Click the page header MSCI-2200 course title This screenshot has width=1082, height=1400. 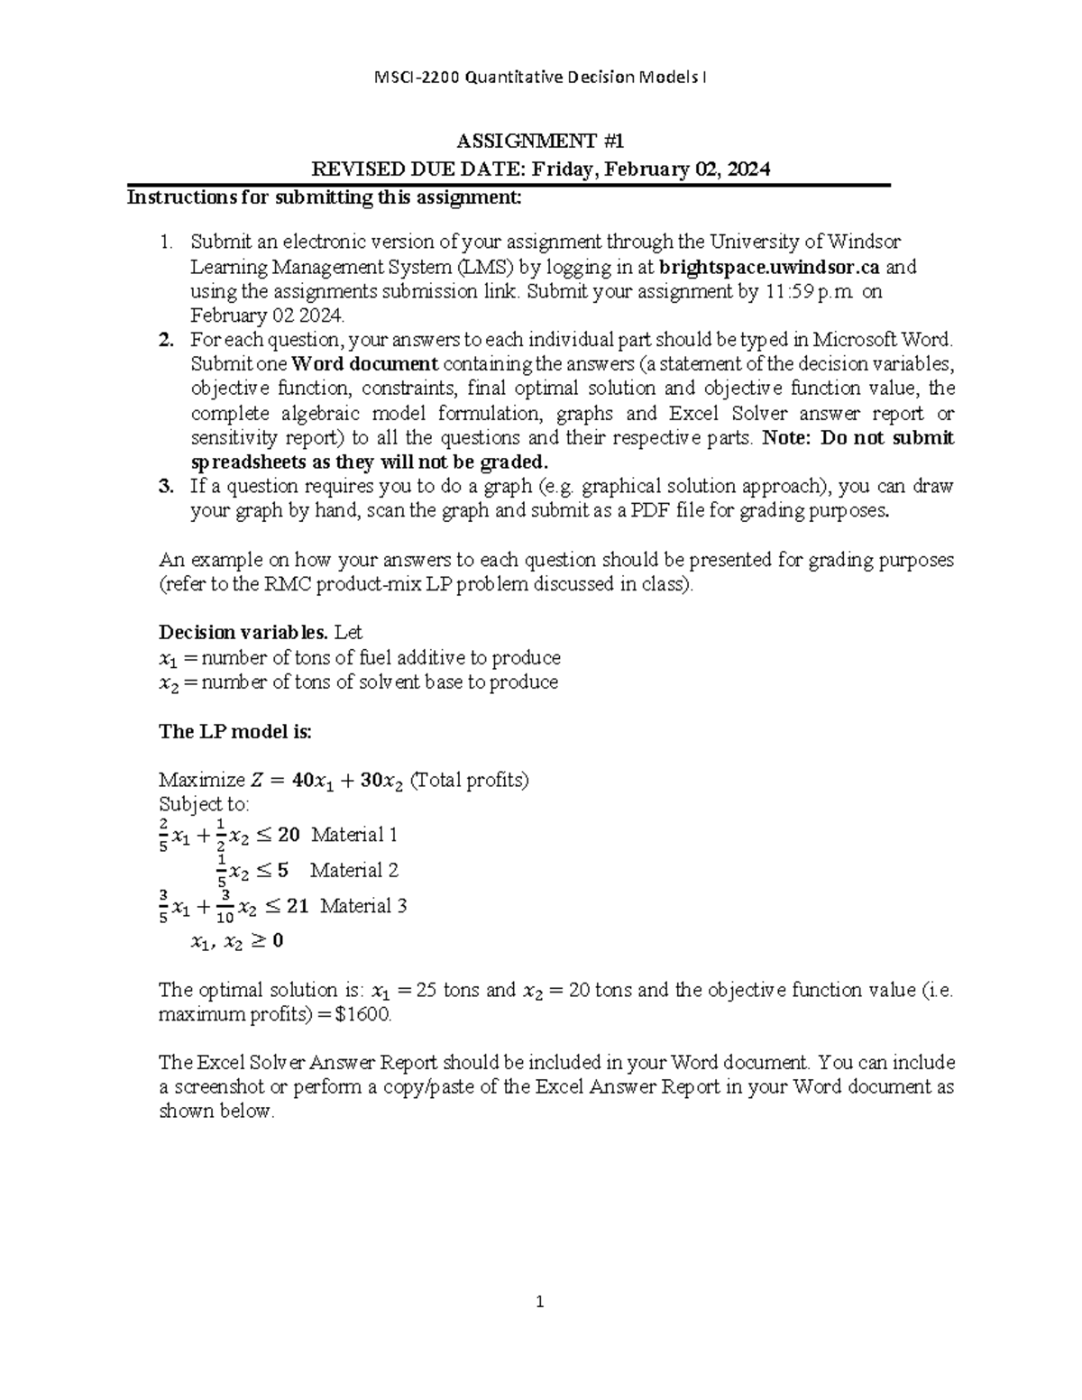tap(540, 78)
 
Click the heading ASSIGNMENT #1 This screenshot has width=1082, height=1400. tap(540, 142)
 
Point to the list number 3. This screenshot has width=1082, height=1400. tap(165, 487)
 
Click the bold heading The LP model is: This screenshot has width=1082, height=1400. tap(234, 731)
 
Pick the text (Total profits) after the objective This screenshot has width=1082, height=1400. tap(469, 780)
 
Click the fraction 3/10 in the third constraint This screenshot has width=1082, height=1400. tap(225, 906)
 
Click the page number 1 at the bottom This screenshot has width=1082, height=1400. tap(540, 1301)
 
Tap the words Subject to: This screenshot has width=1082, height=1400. tap(204, 804)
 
